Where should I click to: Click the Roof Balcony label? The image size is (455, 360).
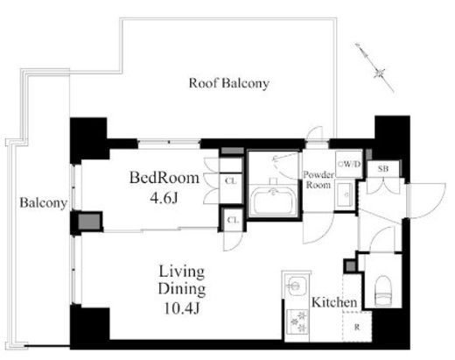229,83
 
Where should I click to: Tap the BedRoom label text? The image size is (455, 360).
164,178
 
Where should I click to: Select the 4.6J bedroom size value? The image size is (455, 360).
164,199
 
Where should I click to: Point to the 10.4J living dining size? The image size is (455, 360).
182,308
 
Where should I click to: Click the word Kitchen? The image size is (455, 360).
334,302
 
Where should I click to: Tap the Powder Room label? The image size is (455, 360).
318,180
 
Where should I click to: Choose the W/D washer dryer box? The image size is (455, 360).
349,165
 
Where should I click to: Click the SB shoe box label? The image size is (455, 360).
383,168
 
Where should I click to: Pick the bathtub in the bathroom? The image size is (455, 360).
273,201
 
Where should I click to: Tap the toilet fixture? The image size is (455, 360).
383,291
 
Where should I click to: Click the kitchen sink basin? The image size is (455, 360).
295,285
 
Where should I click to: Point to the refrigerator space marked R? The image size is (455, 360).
357,327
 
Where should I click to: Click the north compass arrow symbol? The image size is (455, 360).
375,67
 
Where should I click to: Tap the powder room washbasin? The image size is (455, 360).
346,194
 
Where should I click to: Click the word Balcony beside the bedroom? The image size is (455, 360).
44,203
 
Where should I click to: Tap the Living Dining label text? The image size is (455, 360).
182,280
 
